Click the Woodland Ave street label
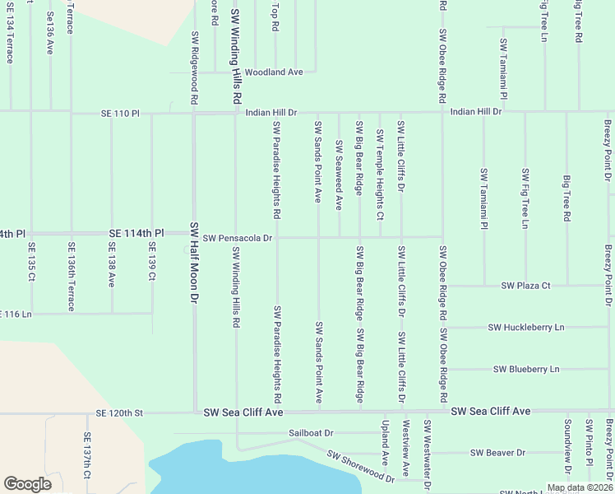(274, 72)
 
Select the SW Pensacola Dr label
(238, 238)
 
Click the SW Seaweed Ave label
(339, 175)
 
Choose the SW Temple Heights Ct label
(380, 175)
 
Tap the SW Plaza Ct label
(525, 286)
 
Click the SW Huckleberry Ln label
(526, 327)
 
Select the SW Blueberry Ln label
(526, 369)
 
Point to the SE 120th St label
(119, 412)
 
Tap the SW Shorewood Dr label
(360, 466)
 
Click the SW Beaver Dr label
(497, 453)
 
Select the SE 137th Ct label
(86, 458)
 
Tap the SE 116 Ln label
(16, 315)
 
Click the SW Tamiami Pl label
(483, 198)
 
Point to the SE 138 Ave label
(111, 264)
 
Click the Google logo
(27, 484)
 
